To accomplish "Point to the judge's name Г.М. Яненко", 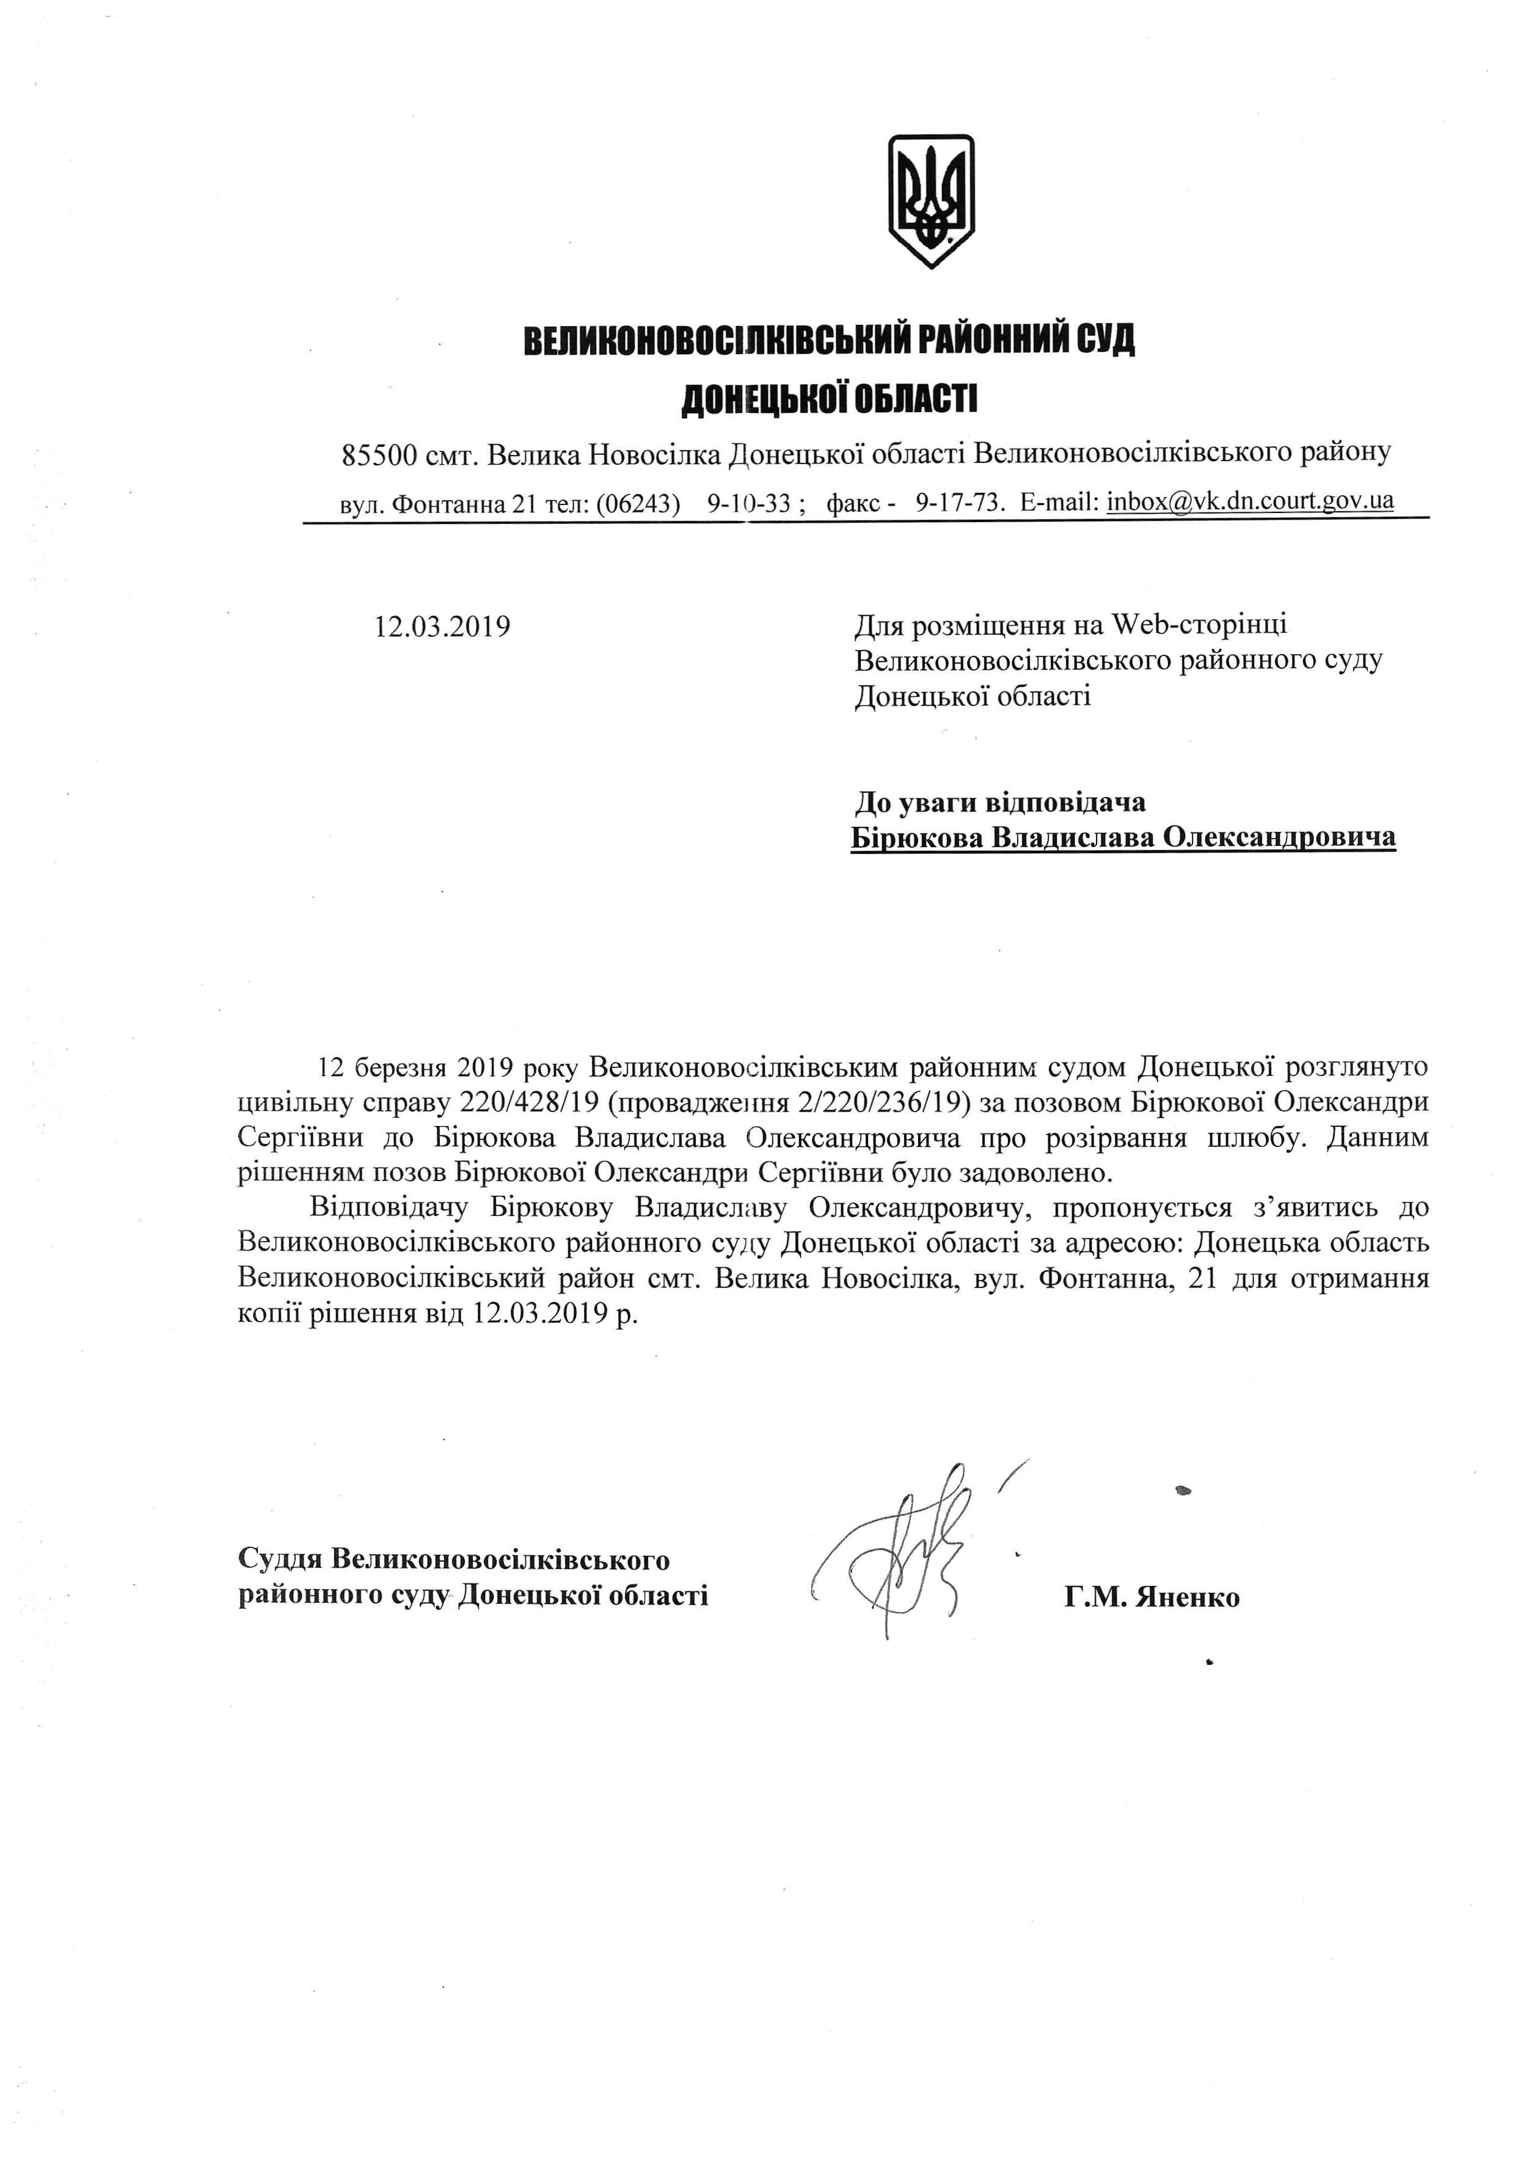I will click(x=1151, y=1598).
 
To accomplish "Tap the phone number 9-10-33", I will click(x=748, y=503).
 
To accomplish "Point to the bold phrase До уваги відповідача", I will click(x=999, y=802).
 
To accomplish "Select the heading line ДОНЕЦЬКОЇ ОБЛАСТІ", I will click(x=829, y=399).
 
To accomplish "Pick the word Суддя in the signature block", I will click(x=282, y=1559).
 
